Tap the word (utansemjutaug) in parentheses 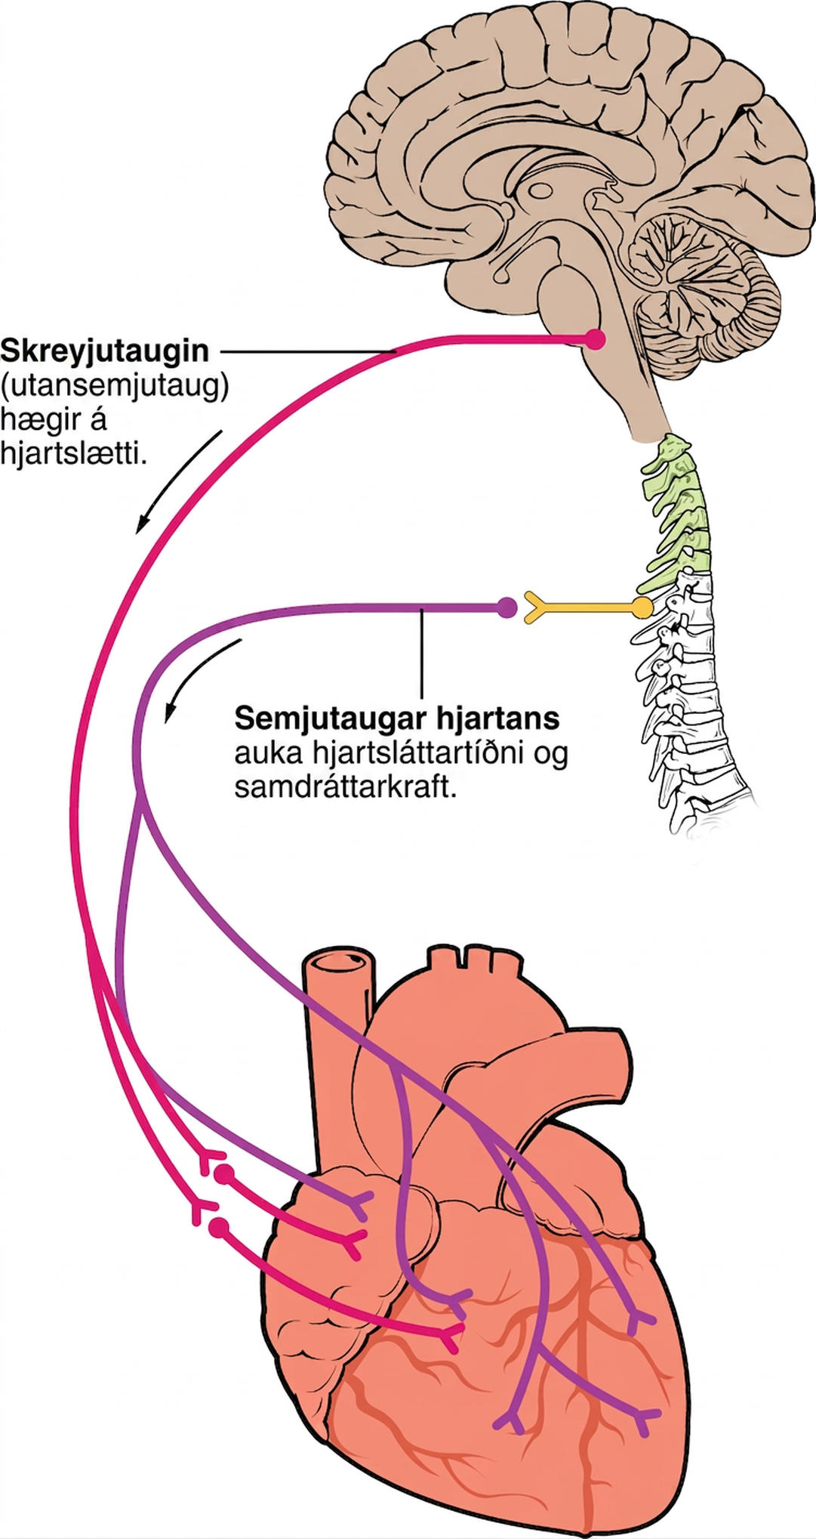click(x=114, y=388)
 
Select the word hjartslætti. click(x=73, y=456)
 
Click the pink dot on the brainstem click(x=596, y=339)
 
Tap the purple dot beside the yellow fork click(x=507, y=606)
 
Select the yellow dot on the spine click(x=642, y=606)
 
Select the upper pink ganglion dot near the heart click(x=223, y=1175)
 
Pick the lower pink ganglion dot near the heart click(x=220, y=1228)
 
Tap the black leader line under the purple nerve click(x=423, y=654)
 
